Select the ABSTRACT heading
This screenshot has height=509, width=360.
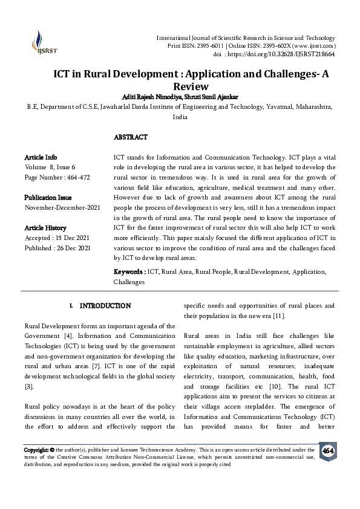pos(131,137)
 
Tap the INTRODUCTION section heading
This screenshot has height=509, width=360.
pos(105,306)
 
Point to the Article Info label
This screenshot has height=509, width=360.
pos(41,157)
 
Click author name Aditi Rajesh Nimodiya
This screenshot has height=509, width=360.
pos(147,97)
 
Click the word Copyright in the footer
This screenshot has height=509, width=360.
pos(36,450)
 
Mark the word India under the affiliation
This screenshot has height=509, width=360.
pos(180,117)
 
